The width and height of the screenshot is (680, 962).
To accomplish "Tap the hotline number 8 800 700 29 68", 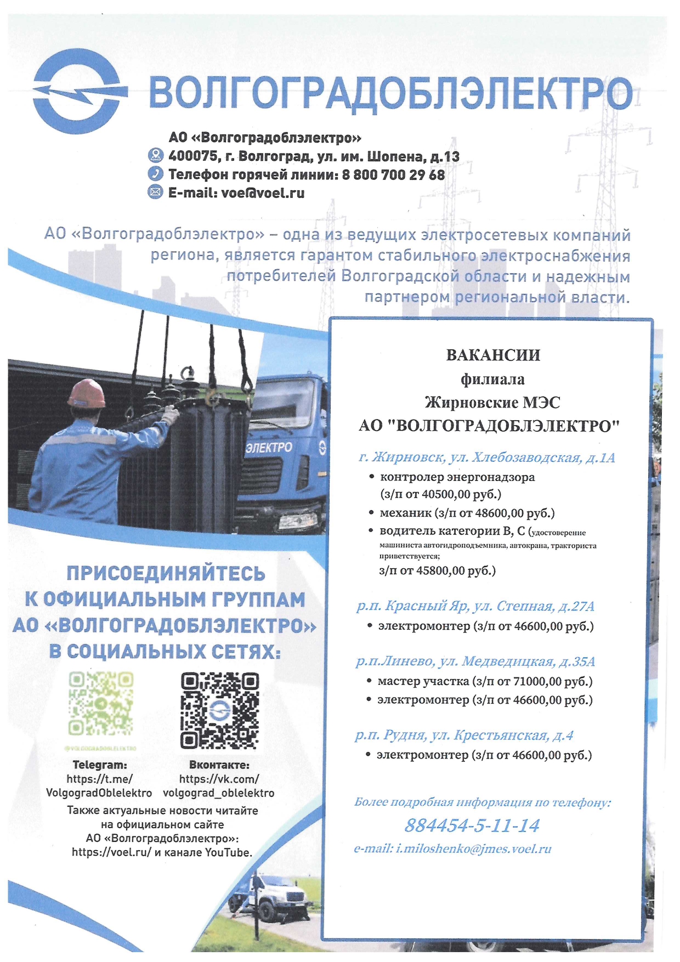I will (393, 175).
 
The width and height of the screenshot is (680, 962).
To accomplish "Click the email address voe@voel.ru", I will (263, 193).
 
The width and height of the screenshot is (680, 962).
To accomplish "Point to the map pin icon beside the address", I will (156, 156).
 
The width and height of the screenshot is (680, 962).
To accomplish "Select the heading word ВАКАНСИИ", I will (493, 355).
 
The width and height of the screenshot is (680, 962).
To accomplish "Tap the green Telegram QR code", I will (100, 704).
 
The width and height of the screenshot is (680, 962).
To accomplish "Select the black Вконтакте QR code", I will (219, 710).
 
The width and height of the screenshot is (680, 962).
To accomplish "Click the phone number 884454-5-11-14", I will (472, 825).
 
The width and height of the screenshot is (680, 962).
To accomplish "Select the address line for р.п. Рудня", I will (464, 735).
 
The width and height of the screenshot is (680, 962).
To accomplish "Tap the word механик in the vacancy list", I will (405, 513).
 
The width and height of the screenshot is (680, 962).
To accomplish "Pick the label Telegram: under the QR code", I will (100, 765).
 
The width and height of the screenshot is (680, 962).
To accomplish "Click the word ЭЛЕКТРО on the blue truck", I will (269, 447).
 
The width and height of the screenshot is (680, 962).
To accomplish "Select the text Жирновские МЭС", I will (492, 403).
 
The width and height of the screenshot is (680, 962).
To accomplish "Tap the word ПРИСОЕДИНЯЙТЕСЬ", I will (166, 574).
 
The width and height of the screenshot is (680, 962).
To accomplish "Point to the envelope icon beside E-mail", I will (156, 192).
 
